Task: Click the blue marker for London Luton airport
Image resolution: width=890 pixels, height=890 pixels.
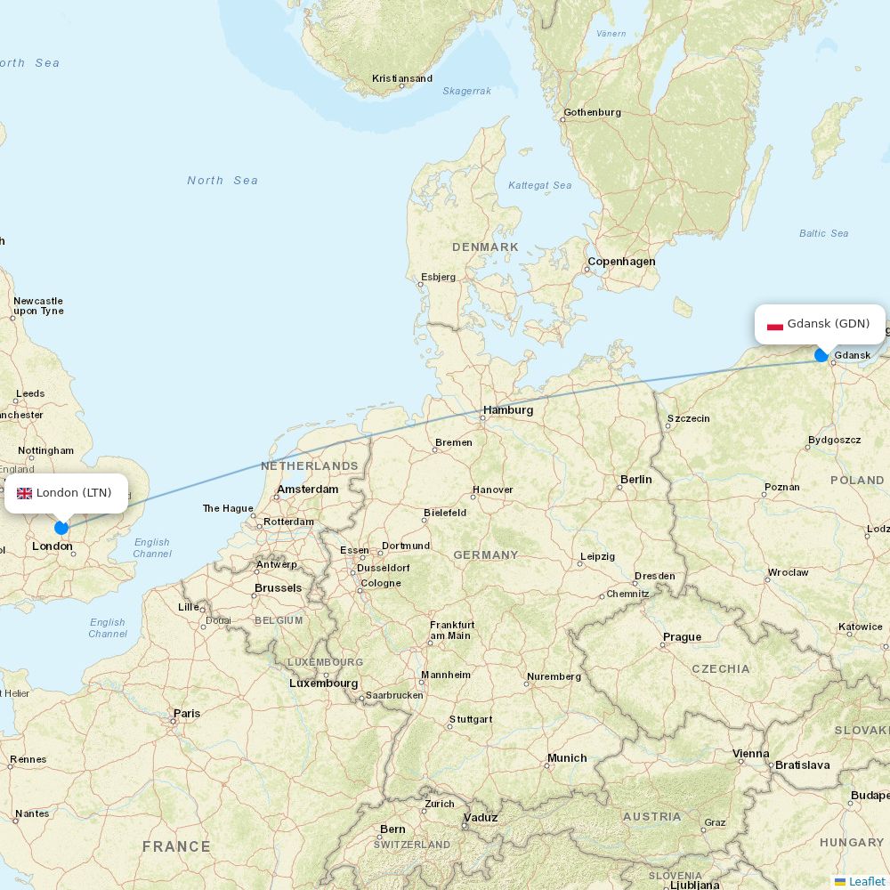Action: pyautogui.click(x=61, y=527)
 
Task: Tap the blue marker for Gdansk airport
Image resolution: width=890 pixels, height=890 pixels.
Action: pyautogui.click(x=821, y=355)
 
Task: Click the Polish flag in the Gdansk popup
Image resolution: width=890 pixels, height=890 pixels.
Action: pyautogui.click(x=775, y=325)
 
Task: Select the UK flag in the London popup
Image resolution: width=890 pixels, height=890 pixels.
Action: pyautogui.click(x=24, y=493)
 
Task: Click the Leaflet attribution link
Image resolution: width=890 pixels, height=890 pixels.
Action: pyautogui.click(x=867, y=881)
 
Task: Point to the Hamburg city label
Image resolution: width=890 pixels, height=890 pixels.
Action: pyautogui.click(x=508, y=410)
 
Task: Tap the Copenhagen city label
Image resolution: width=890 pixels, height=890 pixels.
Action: pyautogui.click(x=621, y=262)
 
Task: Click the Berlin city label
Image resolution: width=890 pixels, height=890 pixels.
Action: pyautogui.click(x=636, y=480)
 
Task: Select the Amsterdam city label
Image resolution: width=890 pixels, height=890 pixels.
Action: pyautogui.click(x=308, y=489)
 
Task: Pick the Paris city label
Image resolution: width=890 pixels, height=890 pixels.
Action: pyautogui.click(x=187, y=714)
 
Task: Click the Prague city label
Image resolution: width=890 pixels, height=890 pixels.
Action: pyautogui.click(x=682, y=637)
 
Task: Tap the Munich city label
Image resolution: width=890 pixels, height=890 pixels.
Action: pyautogui.click(x=567, y=758)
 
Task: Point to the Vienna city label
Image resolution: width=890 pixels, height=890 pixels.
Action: pyautogui.click(x=750, y=754)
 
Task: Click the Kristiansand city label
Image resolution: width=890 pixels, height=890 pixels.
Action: pyautogui.click(x=402, y=79)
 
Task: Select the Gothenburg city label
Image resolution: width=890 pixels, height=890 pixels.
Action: pyautogui.click(x=592, y=113)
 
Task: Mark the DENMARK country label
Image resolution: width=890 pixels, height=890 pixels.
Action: pyautogui.click(x=485, y=247)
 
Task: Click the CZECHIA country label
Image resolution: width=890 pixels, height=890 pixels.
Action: pyautogui.click(x=721, y=669)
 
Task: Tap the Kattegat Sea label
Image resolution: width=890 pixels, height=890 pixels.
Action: pyautogui.click(x=539, y=186)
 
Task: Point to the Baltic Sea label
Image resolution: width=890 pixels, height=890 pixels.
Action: pyautogui.click(x=823, y=234)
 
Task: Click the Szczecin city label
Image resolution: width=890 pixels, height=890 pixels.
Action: pyautogui.click(x=688, y=418)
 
